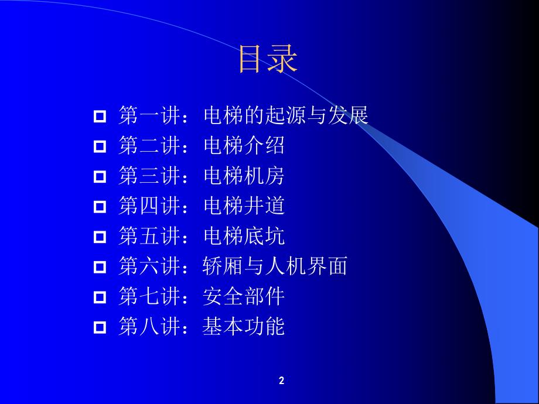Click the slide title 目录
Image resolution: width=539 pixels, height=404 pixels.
coord(268,60)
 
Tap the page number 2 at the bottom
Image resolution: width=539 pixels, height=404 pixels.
coord(281,381)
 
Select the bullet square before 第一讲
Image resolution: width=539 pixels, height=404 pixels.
coord(100,116)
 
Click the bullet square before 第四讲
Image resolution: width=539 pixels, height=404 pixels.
coord(100,207)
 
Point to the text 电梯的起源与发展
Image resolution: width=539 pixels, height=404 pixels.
coord(285,115)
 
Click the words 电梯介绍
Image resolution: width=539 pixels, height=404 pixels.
coord(244,146)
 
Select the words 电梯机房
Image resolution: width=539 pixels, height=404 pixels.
coord(244,176)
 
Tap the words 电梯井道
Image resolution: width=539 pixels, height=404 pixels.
coord(244,206)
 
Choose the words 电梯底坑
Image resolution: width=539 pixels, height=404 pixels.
coord(244,236)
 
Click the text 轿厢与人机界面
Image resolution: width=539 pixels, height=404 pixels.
coord(275,266)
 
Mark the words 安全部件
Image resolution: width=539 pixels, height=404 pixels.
coord(244,296)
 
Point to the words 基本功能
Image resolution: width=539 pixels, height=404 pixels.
coord(244,327)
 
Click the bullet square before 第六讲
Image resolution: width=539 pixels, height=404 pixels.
coord(100,267)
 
